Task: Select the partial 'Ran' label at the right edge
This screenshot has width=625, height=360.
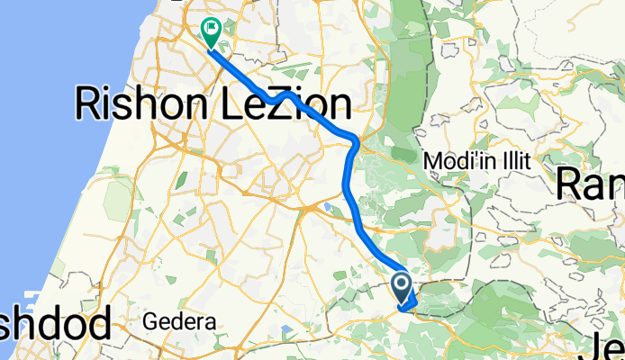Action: [590, 184]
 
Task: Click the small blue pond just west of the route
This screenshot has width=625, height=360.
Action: [323, 210]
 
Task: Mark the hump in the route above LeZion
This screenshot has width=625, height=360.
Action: [285, 93]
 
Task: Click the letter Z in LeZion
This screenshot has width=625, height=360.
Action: [261, 105]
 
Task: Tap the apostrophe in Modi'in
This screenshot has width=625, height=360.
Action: [476, 157]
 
